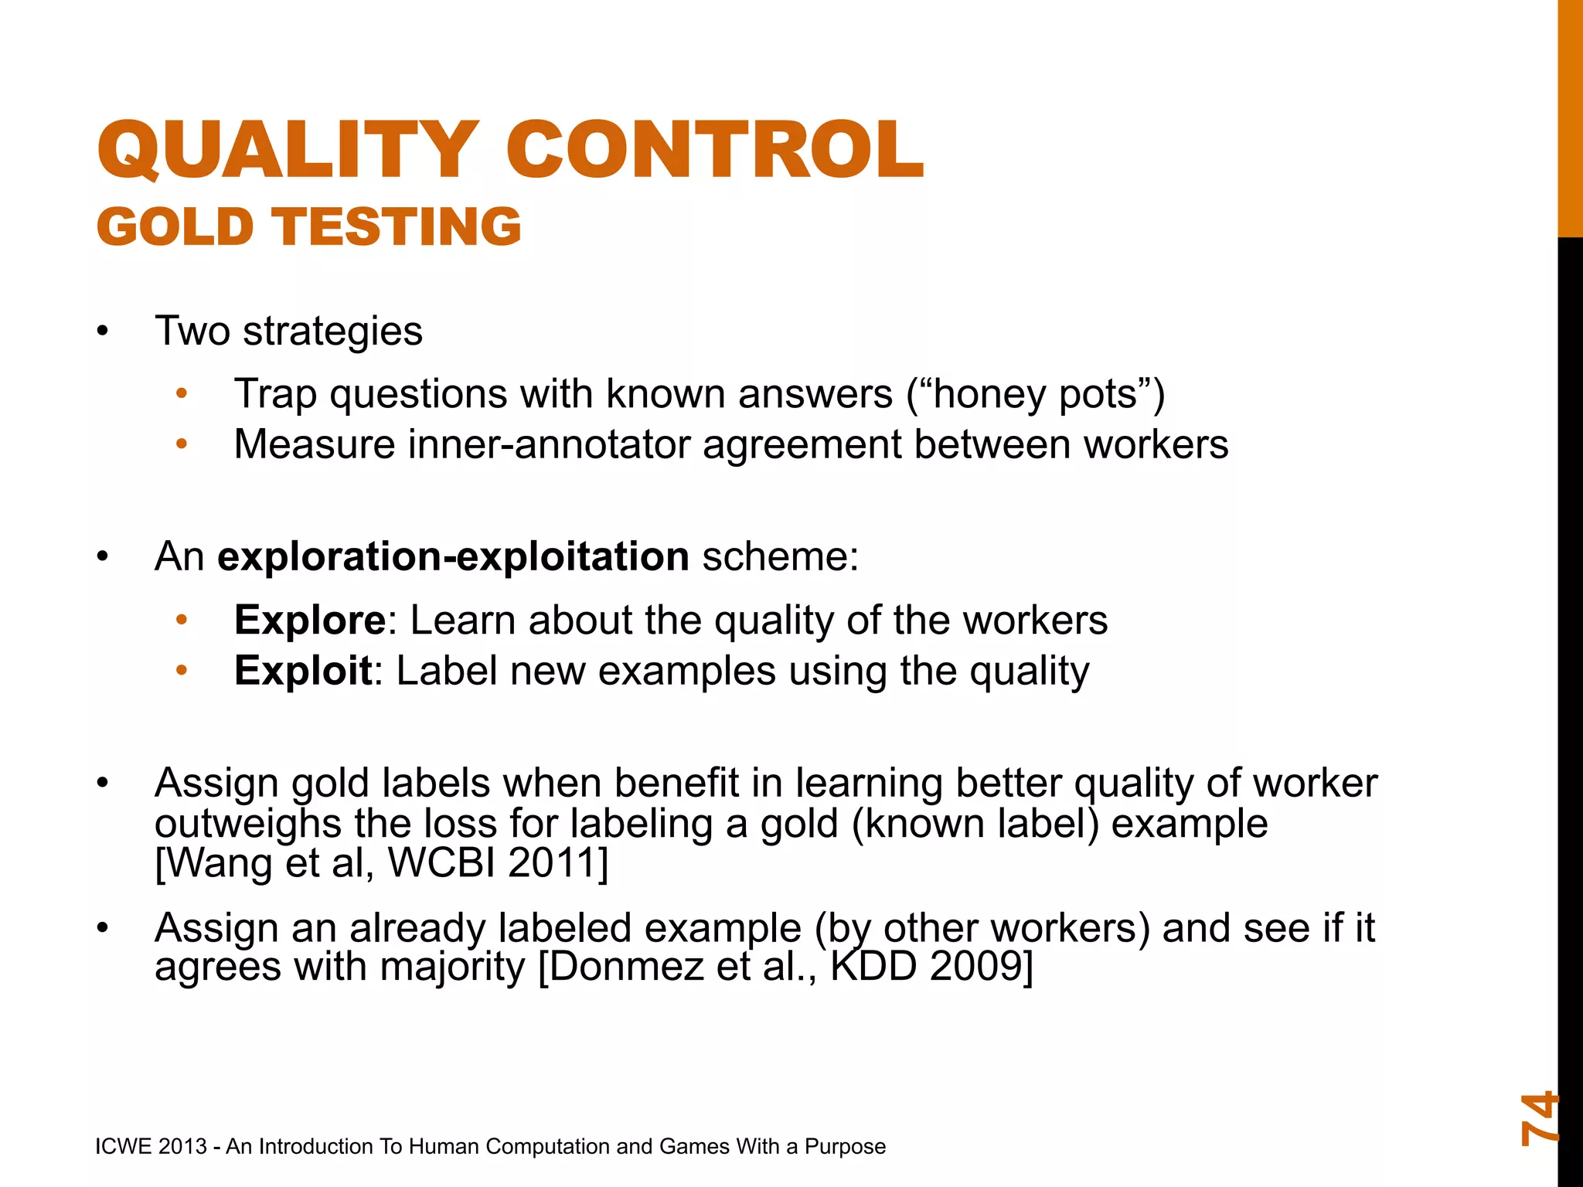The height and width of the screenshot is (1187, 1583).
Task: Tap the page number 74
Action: (1538, 1117)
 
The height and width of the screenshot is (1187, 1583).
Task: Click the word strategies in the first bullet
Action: (332, 332)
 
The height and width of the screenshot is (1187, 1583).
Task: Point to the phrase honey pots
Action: (1035, 394)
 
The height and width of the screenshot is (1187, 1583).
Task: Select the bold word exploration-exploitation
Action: (453, 556)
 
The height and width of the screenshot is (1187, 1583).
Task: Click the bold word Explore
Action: (309, 620)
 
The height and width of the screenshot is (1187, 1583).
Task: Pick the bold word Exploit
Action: (303, 671)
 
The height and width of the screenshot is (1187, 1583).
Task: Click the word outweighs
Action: (247, 824)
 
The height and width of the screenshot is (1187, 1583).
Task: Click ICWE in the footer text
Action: (122, 1146)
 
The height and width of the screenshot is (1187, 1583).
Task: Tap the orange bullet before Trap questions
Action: (182, 394)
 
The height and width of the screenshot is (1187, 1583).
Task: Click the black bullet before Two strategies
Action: (103, 332)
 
